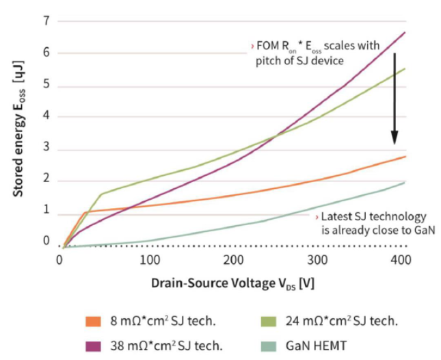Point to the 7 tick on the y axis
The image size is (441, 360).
tap(47, 21)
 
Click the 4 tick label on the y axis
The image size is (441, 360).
tap(47, 116)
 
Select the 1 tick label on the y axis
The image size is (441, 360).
tap(47, 211)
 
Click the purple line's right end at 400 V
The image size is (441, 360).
tap(405, 32)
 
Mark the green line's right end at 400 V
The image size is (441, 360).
tap(405, 68)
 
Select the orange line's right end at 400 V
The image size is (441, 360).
tap(405, 157)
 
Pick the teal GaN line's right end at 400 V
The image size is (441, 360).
tap(405, 182)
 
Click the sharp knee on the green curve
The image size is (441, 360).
tap(101, 194)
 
